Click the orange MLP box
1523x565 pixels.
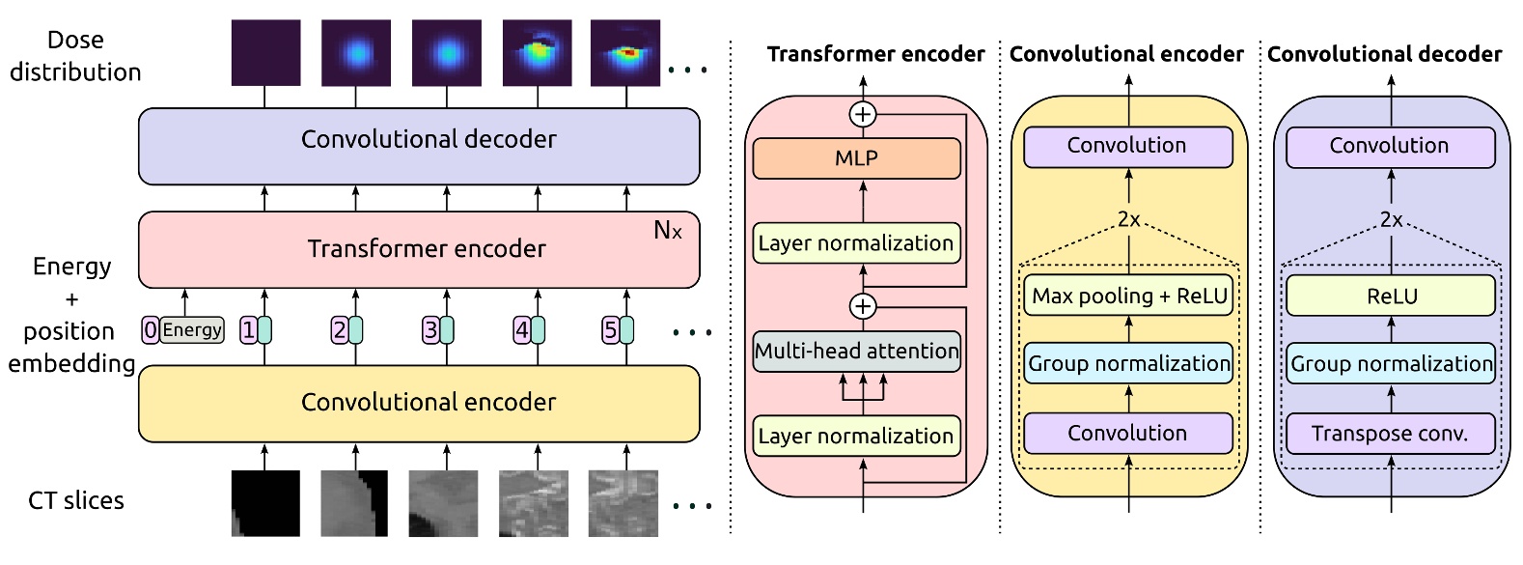[856, 158]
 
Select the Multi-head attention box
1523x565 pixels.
[856, 351]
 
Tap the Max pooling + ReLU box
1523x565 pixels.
[1128, 296]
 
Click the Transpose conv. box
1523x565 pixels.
[1390, 434]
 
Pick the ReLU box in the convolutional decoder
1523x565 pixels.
[1390, 296]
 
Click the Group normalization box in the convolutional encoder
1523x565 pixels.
[1128, 364]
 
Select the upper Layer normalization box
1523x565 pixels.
[856, 243]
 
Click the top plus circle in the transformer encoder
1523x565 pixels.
[863, 115]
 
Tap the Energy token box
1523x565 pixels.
[192, 330]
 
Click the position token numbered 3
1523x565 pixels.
[430, 330]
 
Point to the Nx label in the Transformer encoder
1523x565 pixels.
[668, 230]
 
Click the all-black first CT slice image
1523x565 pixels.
[265, 502]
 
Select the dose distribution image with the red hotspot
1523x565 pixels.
[625, 53]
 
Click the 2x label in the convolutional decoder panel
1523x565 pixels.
[1391, 219]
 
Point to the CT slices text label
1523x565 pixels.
[76, 500]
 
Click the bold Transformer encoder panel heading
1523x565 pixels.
[875, 54]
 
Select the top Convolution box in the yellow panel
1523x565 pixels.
[1127, 146]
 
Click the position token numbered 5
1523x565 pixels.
[610, 330]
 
